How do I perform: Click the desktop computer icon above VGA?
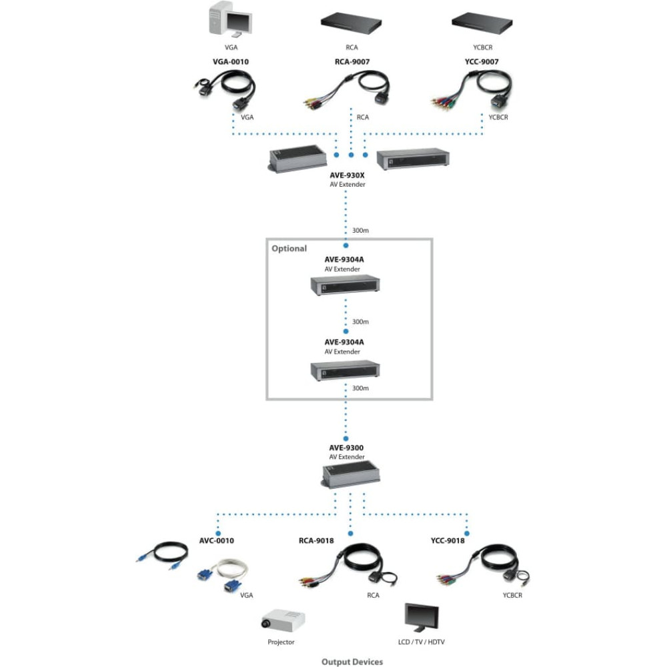[230, 20]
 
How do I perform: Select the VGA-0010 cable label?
[231, 61]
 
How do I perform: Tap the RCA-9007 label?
[352, 61]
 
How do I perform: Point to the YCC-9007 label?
[482, 61]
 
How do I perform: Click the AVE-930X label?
[347, 175]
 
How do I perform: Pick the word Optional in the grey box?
[289, 248]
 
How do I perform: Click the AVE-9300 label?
[346, 448]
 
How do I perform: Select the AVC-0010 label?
[217, 541]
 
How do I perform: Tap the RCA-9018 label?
[316, 541]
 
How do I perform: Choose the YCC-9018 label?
[448, 541]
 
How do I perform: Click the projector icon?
[282, 620]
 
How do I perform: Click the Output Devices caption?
[352, 662]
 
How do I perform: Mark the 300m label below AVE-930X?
[360, 231]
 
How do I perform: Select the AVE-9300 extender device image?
[351, 476]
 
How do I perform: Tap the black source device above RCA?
[351, 23]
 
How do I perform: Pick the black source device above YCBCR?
[482, 23]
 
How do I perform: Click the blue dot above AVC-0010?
[218, 534]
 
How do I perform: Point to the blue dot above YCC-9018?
[467, 534]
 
